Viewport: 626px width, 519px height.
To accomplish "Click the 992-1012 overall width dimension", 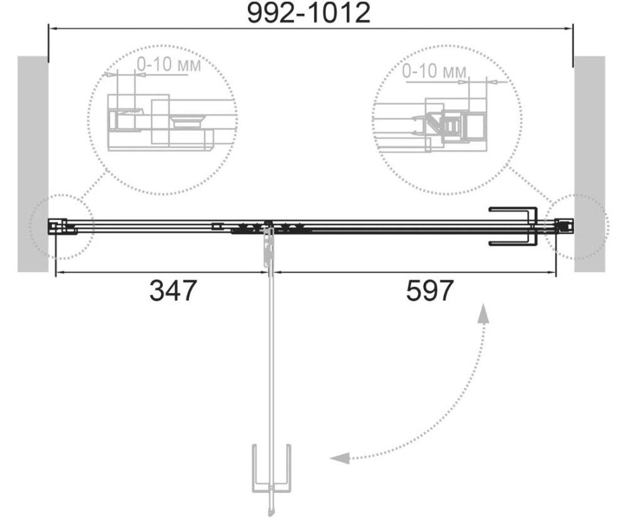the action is (x=309, y=13).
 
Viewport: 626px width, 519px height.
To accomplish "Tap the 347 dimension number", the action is (x=173, y=290).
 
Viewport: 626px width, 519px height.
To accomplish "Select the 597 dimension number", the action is (x=430, y=290).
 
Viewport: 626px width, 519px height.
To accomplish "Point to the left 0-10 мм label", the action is (x=169, y=64).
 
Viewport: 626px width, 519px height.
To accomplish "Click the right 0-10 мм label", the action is (x=434, y=71).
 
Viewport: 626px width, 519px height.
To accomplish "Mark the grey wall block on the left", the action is (x=33, y=164).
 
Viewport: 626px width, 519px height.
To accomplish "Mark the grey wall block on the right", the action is (x=590, y=164).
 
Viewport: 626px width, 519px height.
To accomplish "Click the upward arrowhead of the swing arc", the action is (x=484, y=313).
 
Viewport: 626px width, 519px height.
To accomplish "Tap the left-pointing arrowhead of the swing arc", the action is (x=339, y=458).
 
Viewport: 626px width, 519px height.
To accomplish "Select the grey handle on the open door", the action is (x=272, y=469).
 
